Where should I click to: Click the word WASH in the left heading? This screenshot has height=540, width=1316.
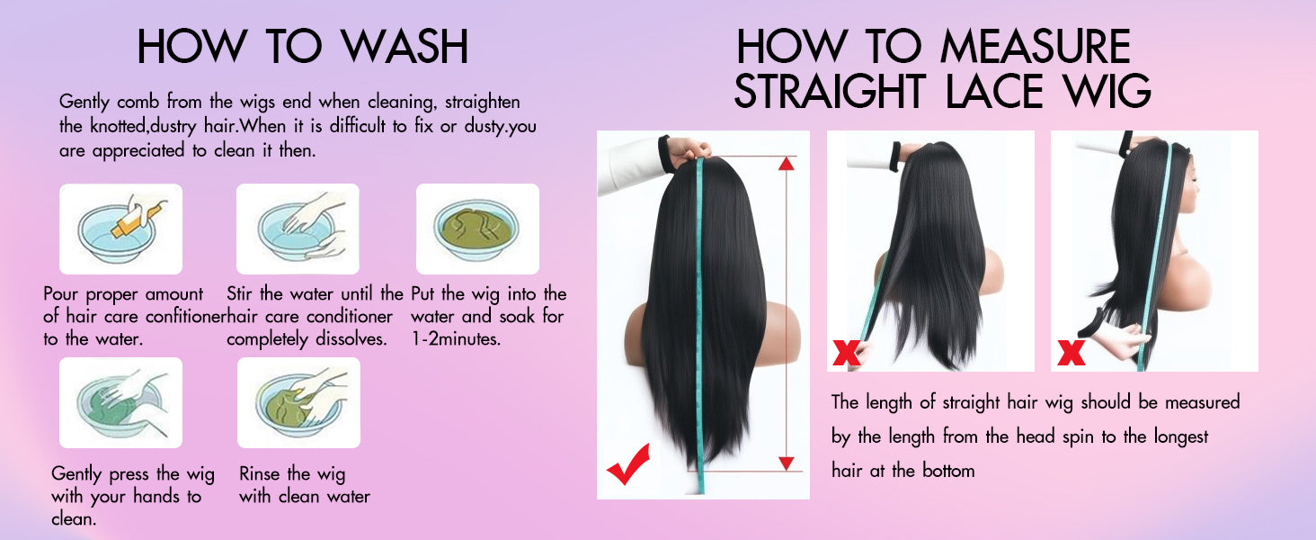pyautogui.click(x=405, y=46)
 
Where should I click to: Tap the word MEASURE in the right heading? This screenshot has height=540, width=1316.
pyautogui.click(x=1036, y=46)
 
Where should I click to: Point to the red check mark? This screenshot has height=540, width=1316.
pyautogui.click(x=628, y=464)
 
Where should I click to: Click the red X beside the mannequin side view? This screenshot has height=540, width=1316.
pyautogui.click(x=1071, y=353)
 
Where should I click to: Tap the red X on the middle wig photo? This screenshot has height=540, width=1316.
pyautogui.click(x=847, y=353)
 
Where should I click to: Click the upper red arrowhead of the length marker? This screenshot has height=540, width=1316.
pyautogui.click(x=786, y=164)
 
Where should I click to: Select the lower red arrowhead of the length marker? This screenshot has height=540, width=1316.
pyautogui.click(x=786, y=463)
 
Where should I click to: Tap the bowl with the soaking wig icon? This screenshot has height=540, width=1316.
pyautogui.click(x=477, y=229)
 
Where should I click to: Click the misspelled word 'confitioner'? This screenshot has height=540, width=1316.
pyautogui.click(x=186, y=317)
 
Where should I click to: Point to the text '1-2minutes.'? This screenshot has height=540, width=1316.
pyautogui.click(x=456, y=338)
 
